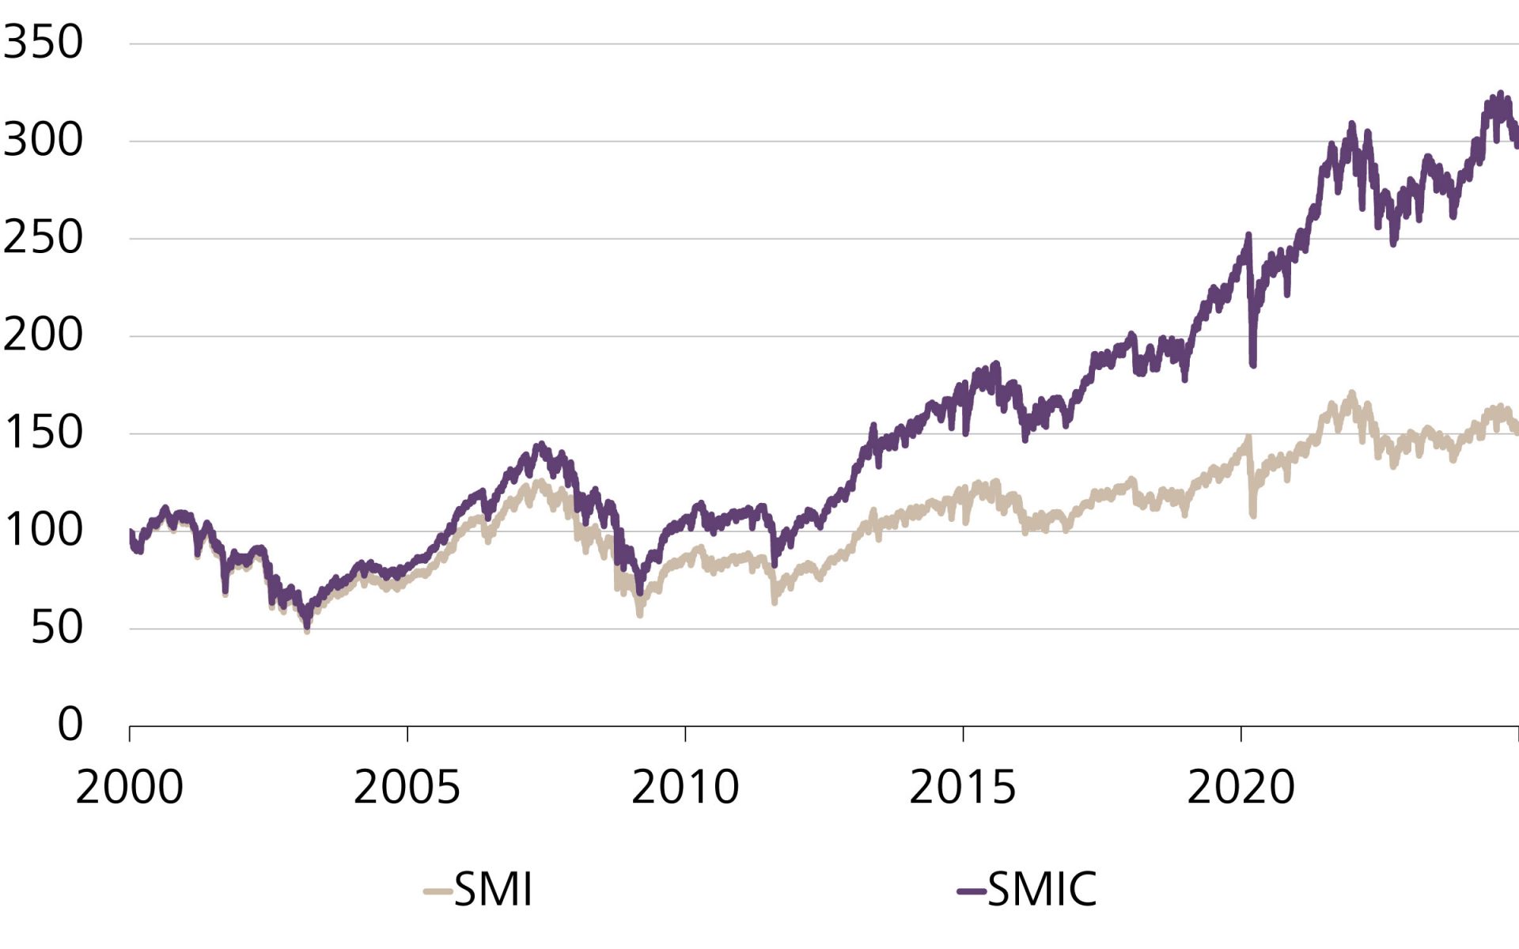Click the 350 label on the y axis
pyautogui.click(x=43, y=42)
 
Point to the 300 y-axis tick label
pyautogui.click(x=43, y=140)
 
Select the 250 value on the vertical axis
pyautogui.click(x=43, y=237)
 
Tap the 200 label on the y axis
pyautogui.click(x=43, y=335)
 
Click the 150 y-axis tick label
pyautogui.click(x=44, y=433)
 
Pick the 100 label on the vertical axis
pyautogui.click(x=44, y=530)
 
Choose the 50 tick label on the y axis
pyautogui.click(x=56, y=628)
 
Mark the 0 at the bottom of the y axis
pyautogui.click(x=70, y=724)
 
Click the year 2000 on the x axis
pyautogui.click(x=129, y=787)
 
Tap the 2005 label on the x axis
pyautogui.click(x=407, y=787)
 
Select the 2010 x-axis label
pyautogui.click(x=684, y=787)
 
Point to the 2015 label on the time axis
pyautogui.click(x=962, y=787)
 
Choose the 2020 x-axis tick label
pyautogui.click(x=1241, y=787)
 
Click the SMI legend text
pyautogui.click(x=494, y=890)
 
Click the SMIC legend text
pyautogui.click(x=1042, y=890)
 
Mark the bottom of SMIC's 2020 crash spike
pyautogui.click(x=1253, y=365)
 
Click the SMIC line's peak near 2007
pyautogui.click(x=541, y=445)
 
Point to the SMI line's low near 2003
pyautogui.click(x=307, y=630)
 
